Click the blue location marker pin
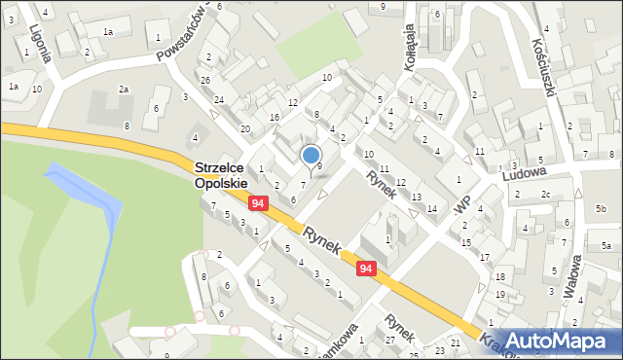click(x=311, y=156)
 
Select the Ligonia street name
click(x=40, y=44)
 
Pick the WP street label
click(x=462, y=207)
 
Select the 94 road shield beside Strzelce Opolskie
click(x=258, y=202)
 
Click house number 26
click(x=205, y=80)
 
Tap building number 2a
click(x=124, y=90)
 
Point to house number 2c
click(x=546, y=195)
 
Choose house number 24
click(x=219, y=100)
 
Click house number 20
click(x=245, y=128)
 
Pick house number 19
click(x=500, y=294)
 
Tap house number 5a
click(x=605, y=246)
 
